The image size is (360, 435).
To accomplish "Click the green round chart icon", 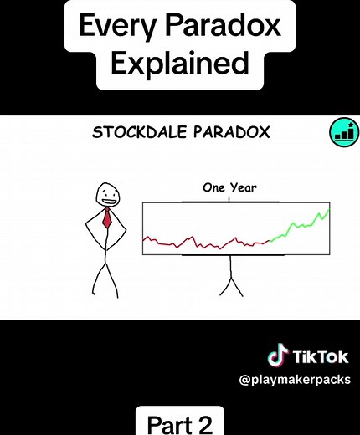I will coord(341,131).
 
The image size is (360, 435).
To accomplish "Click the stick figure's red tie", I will coord(107,220).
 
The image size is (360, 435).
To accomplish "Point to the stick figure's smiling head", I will coord(106,196).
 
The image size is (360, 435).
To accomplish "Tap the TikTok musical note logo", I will coord(277,356).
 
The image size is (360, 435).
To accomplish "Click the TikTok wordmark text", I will coord(321,357).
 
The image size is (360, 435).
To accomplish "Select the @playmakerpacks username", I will coord(295,381).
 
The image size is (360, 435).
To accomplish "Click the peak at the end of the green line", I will coord(327,210).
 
